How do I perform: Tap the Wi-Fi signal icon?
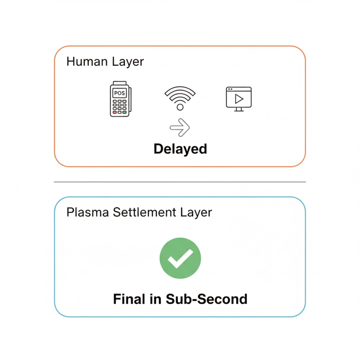tap(180, 98)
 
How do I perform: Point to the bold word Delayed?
tap(180, 149)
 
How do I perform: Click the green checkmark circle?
tap(180, 258)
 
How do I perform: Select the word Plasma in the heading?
tap(88, 213)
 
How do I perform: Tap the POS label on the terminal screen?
tap(118, 93)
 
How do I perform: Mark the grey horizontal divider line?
tap(180, 182)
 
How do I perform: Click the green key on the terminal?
tap(124, 112)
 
